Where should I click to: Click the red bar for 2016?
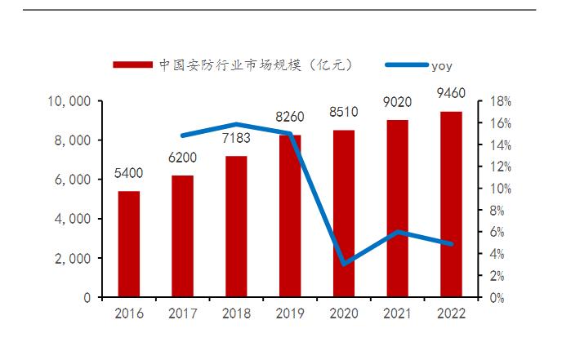pyautogui.click(x=129, y=245)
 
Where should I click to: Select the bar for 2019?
pyautogui.click(x=290, y=216)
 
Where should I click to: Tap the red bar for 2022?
pyautogui.click(x=451, y=204)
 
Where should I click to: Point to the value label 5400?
pyautogui.click(x=129, y=174)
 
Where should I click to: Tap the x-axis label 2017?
pyautogui.click(x=183, y=313)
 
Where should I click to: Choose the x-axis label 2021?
pyautogui.click(x=398, y=313)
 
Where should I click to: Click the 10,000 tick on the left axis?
pyautogui.click(x=69, y=101)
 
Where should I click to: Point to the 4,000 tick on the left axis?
pyautogui.click(x=74, y=219)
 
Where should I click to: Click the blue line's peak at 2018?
pyautogui.click(x=236, y=124)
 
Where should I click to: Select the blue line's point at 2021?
pyautogui.click(x=398, y=232)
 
